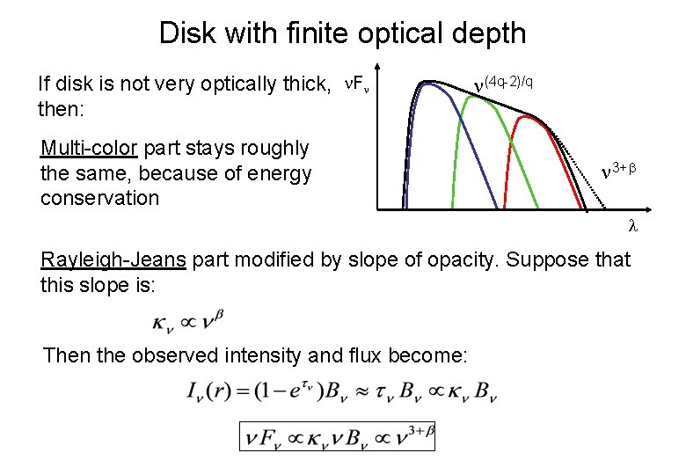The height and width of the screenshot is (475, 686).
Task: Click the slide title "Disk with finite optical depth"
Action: click(342, 33)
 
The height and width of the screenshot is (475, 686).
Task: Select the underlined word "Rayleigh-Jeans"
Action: click(113, 259)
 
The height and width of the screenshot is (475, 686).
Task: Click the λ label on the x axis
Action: click(631, 225)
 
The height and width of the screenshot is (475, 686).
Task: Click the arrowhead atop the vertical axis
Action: click(377, 69)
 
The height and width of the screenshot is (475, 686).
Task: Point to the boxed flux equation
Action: click(337, 436)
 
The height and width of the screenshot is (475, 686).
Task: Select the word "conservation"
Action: click(99, 198)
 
